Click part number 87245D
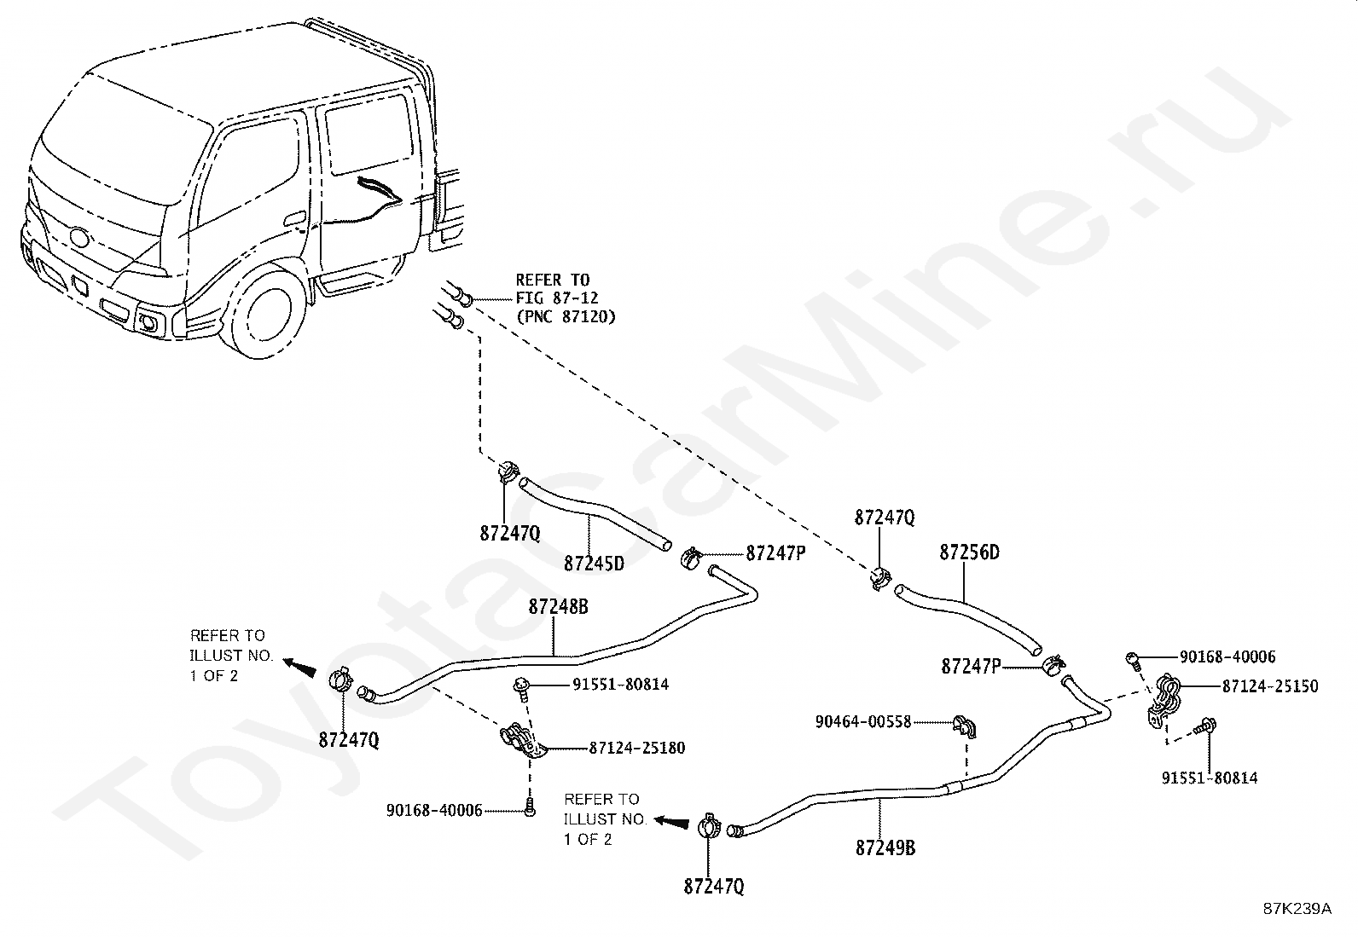(x=594, y=564)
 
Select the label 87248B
(x=558, y=607)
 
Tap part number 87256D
(x=969, y=552)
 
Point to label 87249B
(x=885, y=848)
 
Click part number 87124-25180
(x=636, y=749)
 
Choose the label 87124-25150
(x=1269, y=685)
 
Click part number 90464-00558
(x=863, y=722)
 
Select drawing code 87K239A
(x=1297, y=909)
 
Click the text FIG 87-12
(x=557, y=298)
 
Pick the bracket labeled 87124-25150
(x=1164, y=700)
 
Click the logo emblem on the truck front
(x=79, y=236)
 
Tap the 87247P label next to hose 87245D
(x=775, y=552)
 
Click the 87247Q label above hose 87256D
(x=885, y=518)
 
